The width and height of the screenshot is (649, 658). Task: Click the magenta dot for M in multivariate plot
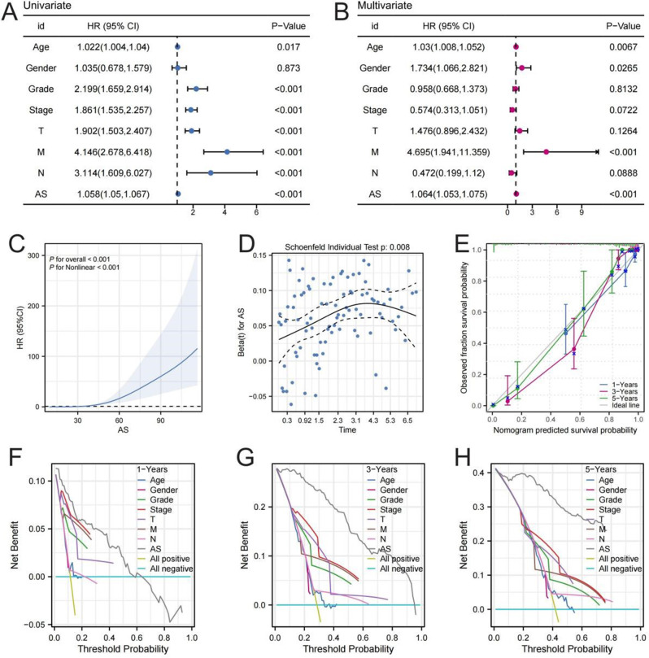(x=547, y=151)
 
